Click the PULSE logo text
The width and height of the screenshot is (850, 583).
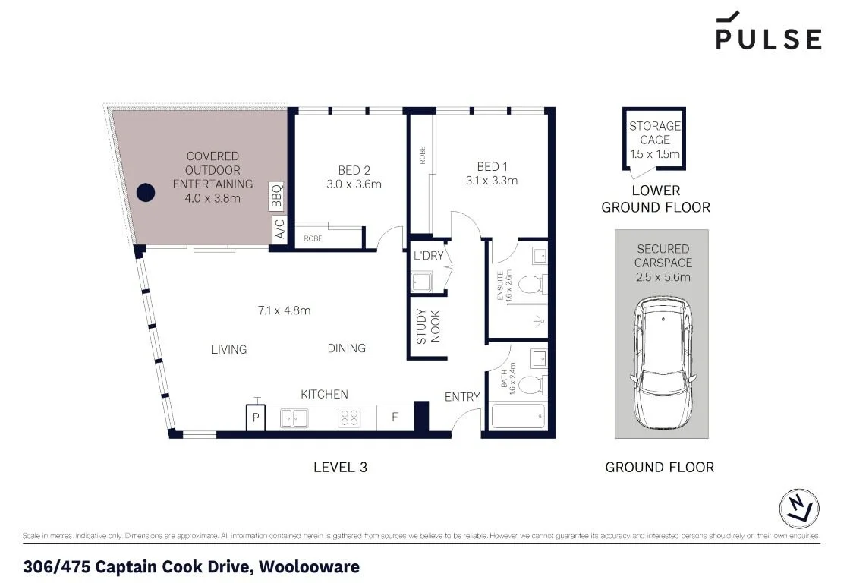[768, 39]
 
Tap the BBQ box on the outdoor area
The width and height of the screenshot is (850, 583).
[277, 196]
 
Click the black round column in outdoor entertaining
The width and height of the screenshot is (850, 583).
[145, 193]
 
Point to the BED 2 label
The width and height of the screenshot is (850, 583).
[354, 169]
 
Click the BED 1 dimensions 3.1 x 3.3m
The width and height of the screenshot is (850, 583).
[492, 181]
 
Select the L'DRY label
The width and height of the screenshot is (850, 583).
[429, 255]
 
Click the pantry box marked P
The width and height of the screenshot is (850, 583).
[256, 418]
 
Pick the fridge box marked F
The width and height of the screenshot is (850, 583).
[395, 418]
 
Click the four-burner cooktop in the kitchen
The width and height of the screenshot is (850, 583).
[348, 418]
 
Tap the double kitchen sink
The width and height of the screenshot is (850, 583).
[294, 418]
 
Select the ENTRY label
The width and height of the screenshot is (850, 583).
[462, 396]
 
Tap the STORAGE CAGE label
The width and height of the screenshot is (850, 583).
[655, 133]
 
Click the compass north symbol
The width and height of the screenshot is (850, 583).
[799, 508]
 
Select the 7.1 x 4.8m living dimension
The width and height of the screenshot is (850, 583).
[284, 310]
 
